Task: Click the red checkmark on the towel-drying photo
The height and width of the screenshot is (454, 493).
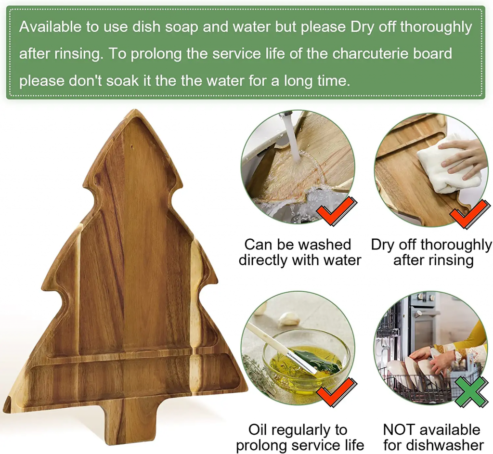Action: pyautogui.click(x=470, y=214)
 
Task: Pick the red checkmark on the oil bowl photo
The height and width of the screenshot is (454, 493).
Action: pyautogui.click(x=337, y=392)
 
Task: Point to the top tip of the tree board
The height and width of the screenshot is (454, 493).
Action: pyautogui.click(x=135, y=110)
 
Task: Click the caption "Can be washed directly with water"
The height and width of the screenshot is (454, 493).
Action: pyautogui.click(x=299, y=252)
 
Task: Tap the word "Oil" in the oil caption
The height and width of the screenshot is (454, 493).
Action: pyautogui.click(x=258, y=429)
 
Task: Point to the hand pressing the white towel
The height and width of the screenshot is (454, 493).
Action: pyautogui.click(x=462, y=155)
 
